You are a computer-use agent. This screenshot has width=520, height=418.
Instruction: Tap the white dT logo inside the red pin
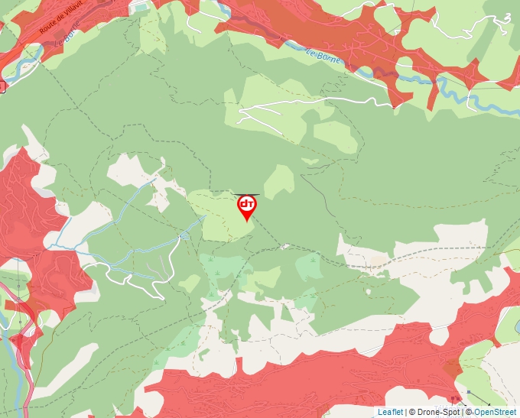tap(246, 204)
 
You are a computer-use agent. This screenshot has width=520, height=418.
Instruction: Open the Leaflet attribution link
tap(390, 412)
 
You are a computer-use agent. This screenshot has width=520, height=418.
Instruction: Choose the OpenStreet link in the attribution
tap(496, 412)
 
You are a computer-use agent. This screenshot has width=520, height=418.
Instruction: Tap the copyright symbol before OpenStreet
tap(469, 412)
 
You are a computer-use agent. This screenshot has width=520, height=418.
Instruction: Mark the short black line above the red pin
tap(247, 194)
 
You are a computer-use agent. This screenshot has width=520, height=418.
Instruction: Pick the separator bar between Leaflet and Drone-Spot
tap(406, 412)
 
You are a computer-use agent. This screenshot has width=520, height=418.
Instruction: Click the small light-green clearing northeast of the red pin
tap(279, 181)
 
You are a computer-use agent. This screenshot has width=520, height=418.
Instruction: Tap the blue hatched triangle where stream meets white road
tap(183, 238)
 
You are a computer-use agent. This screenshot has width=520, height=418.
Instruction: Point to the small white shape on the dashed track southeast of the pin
tap(284, 247)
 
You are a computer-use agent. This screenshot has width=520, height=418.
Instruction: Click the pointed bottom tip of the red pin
tap(246, 221)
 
